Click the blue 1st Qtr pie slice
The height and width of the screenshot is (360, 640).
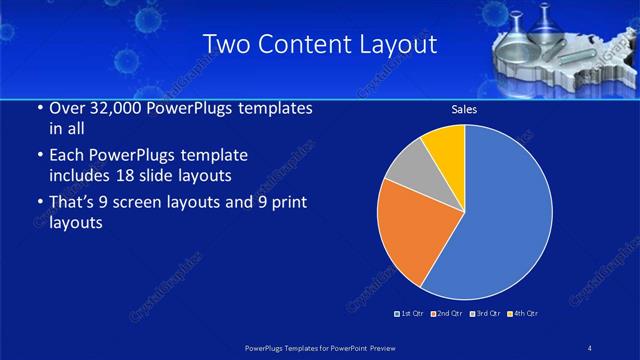pyautogui.click(x=505, y=215)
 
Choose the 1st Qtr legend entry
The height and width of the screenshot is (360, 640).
pyautogui.click(x=410, y=314)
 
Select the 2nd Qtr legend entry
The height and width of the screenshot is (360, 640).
pyautogui.click(x=446, y=314)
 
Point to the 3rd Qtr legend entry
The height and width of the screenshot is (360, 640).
pyautogui.click(x=484, y=314)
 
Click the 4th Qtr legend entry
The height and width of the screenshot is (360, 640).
pyautogui.click(x=522, y=314)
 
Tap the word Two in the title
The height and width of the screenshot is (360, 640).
pyautogui.click(x=225, y=44)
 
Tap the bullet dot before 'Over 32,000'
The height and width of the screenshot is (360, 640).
pyautogui.click(x=38, y=108)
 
